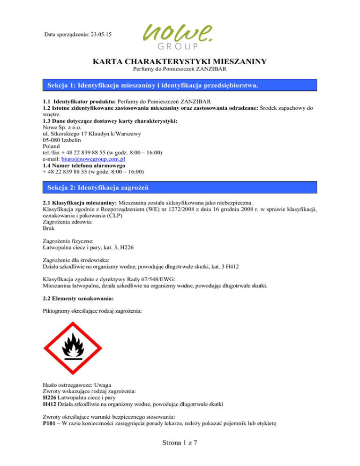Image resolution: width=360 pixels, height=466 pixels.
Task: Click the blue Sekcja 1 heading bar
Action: click(x=180, y=85)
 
